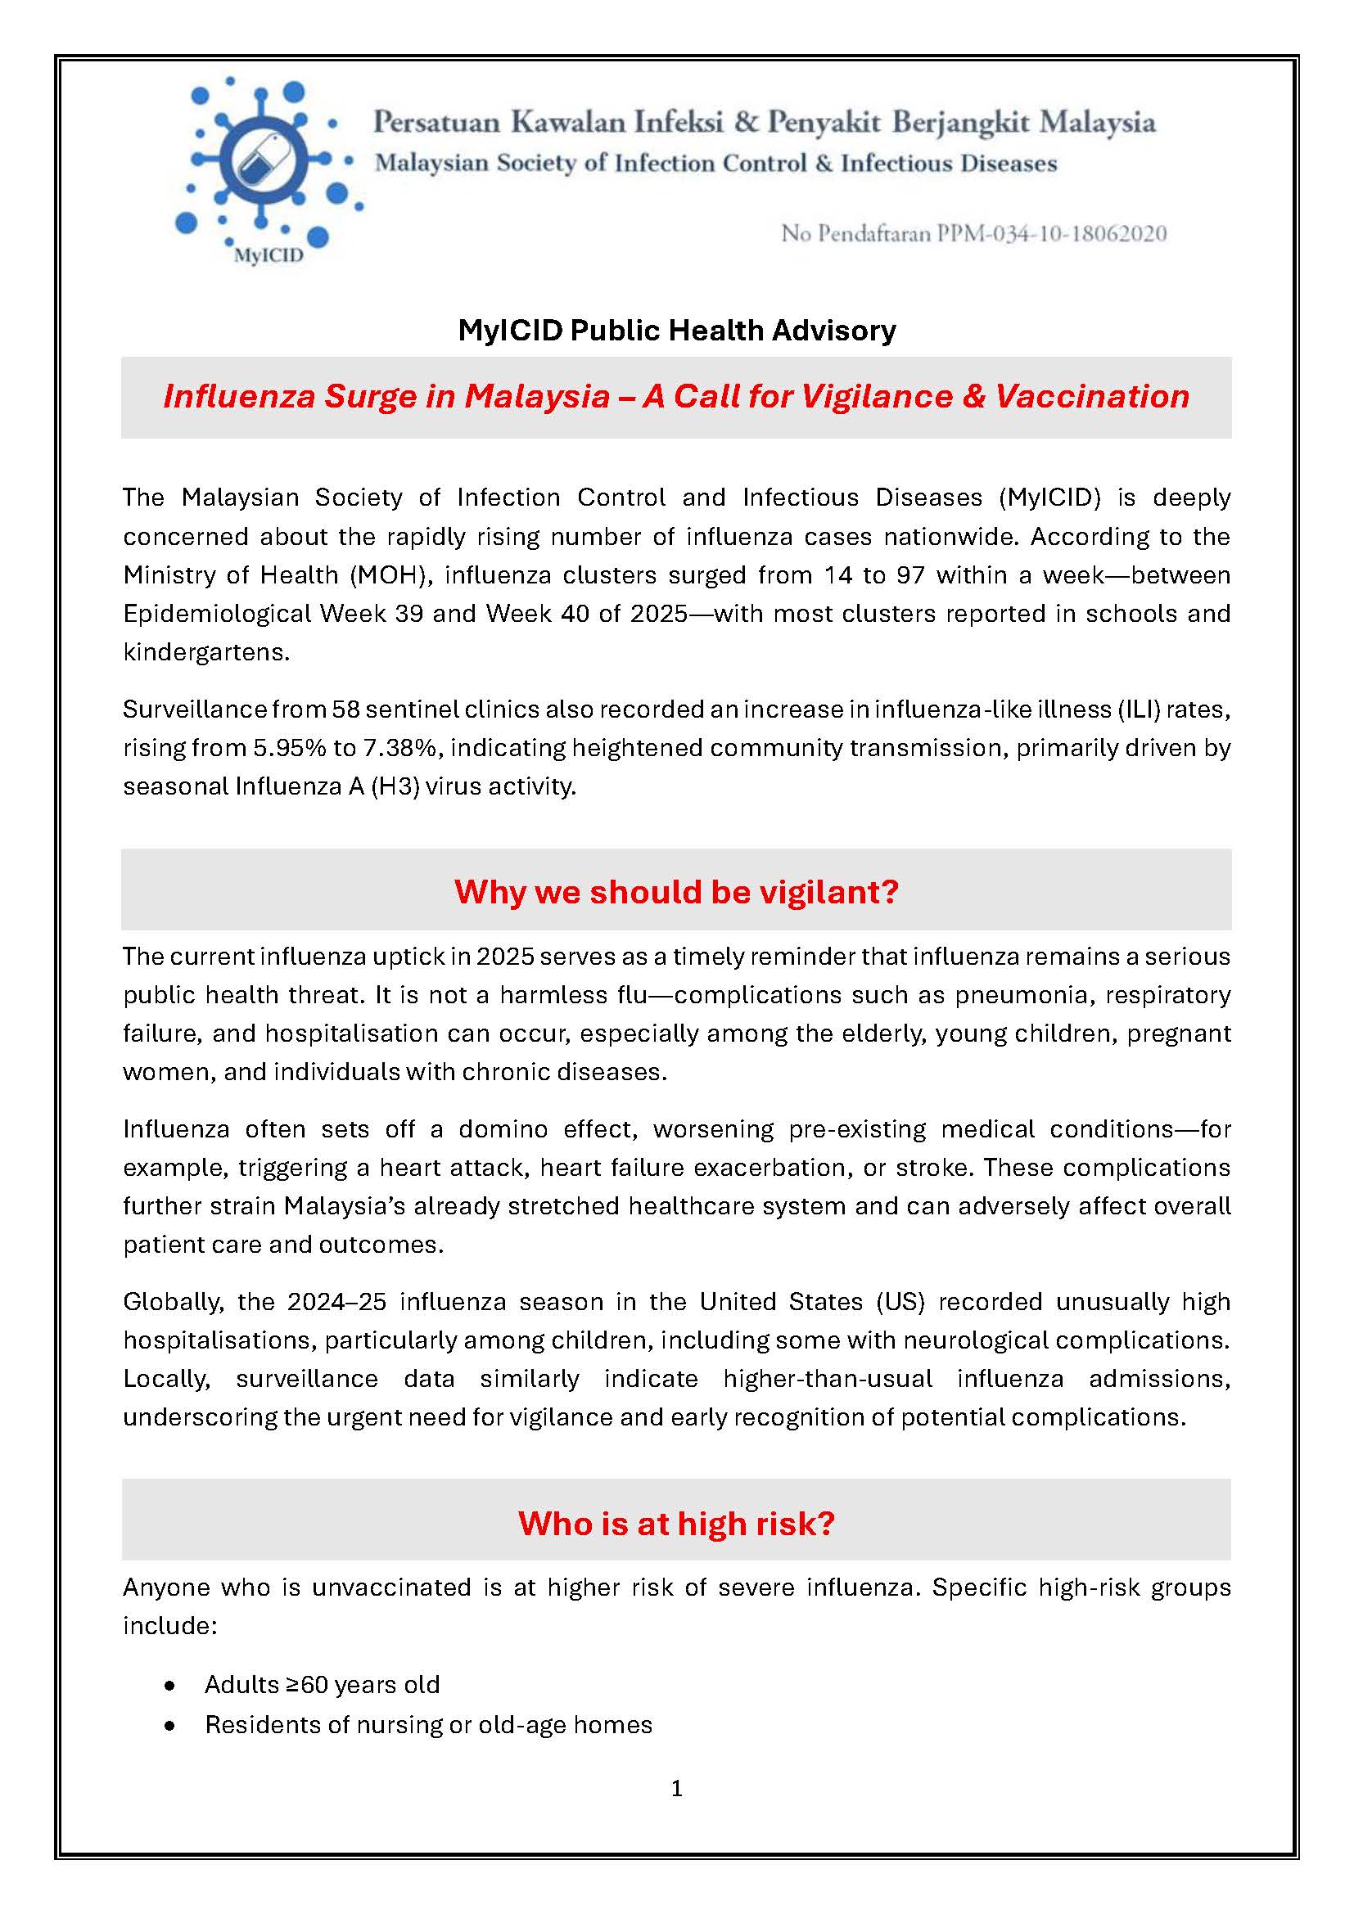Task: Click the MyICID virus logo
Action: pos(265,167)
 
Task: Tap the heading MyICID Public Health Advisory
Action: pos(677,331)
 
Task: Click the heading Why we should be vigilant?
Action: pos(676,892)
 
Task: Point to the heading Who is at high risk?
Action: pos(676,1523)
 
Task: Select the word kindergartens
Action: pos(206,652)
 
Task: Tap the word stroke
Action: pos(932,1168)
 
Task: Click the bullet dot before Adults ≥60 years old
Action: pos(171,1686)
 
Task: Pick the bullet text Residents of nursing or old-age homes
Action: pos(428,1725)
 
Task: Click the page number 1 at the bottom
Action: pos(677,1789)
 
